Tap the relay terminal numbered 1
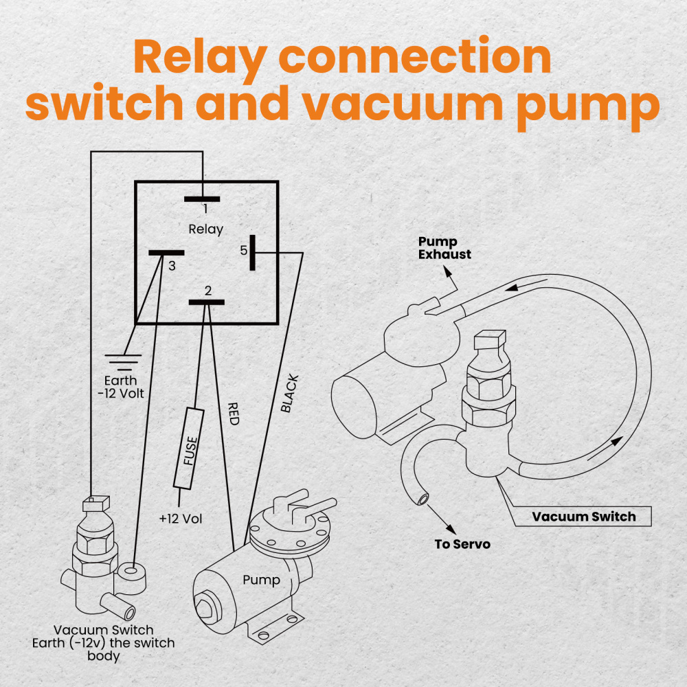coord(203,199)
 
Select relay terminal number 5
coord(253,253)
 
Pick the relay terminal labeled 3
coord(166,253)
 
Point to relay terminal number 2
coord(207,302)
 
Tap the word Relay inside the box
coord(205,229)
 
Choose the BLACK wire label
coord(290,393)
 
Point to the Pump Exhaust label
coord(445,248)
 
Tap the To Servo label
coord(463,545)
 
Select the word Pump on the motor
coord(261,580)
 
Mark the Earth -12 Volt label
coord(121,387)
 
